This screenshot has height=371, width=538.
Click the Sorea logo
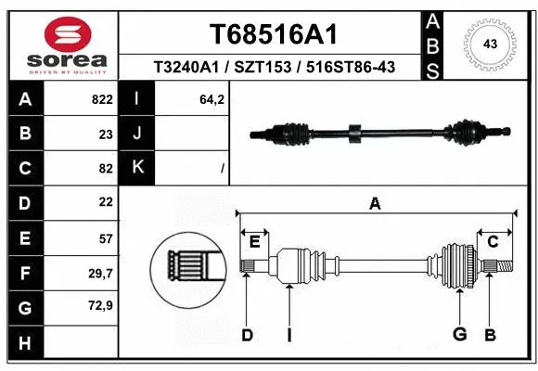coord(60,44)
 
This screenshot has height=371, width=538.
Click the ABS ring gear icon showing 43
coord(491,45)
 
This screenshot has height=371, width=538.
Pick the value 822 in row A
coord(102,99)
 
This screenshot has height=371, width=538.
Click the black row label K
coord(138,168)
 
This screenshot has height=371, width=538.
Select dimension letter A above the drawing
coord(375,204)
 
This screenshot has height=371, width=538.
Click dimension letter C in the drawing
coord(493,242)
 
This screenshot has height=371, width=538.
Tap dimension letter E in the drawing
coord(254,242)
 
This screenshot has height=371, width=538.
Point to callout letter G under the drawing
coord(458,335)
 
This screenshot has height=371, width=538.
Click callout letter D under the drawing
coord(247,335)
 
